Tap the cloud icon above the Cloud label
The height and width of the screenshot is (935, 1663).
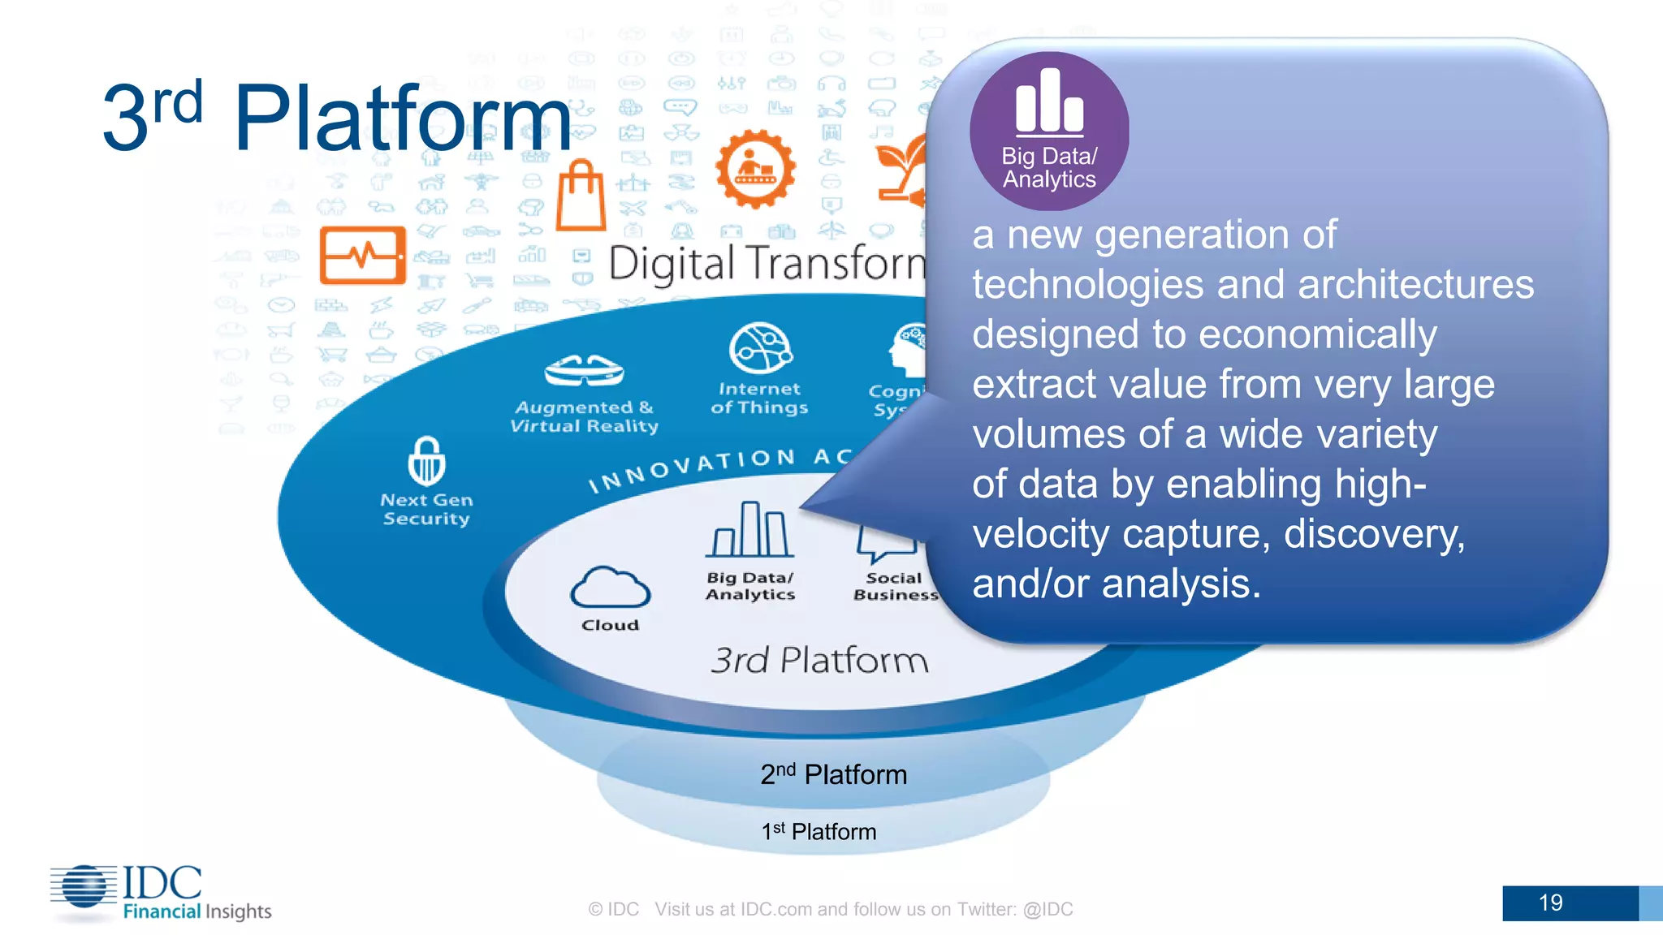(610, 588)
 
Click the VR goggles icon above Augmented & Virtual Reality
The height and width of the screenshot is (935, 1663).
(584, 371)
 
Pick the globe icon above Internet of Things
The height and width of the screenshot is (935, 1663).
(760, 348)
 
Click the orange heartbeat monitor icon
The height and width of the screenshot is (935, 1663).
(362, 255)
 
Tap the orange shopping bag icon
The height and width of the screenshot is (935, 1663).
(581, 196)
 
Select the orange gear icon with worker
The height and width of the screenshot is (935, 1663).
(755, 169)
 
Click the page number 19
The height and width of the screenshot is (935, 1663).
(1550, 903)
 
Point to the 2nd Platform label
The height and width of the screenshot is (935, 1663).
(833, 774)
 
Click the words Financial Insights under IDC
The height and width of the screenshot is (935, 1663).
(197, 911)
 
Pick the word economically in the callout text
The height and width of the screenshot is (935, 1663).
(1317, 334)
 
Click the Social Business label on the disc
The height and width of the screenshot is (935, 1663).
(894, 586)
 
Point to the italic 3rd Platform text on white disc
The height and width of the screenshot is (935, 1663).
(819, 660)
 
